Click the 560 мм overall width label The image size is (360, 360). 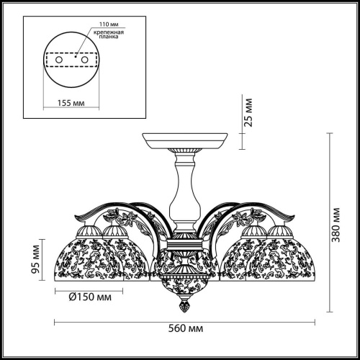(x=186, y=328)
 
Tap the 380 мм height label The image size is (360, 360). (x=336, y=225)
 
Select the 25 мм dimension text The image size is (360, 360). (x=248, y=112)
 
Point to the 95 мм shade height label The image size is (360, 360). (x=35, y=259)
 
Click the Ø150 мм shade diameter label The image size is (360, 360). (x=90, y=297)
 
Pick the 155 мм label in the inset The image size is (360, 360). (x=71, y=103)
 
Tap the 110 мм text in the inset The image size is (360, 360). (x=109, y=24)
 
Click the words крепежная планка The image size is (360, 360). (x=109, y=35)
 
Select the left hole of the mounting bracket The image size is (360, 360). (x=59, y=60)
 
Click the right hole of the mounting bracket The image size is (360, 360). (x=84, y=60)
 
